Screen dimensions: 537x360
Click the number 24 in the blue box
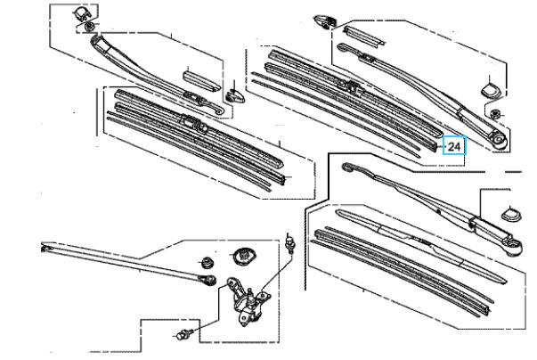[x=454, y=147]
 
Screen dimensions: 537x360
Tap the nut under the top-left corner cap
[x=89, y=27]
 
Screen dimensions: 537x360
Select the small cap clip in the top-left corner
[x=81, y=14]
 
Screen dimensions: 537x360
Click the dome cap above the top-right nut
[x=491, y=89]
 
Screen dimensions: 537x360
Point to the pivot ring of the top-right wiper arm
[x=500, y=141]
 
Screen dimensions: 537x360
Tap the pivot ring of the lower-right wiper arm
[x=515, y=247]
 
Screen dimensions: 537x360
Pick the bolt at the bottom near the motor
[x=185, y=333]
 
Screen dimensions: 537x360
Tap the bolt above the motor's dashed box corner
[x=290, y=243]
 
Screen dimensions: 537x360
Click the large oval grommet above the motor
[x=243, y=256]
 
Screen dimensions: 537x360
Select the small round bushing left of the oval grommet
[x=207, y=262]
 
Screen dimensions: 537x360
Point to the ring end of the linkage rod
[x=208, y=280]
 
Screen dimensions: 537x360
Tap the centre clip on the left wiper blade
[x=194, y=123]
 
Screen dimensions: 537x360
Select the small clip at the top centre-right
[x=324, y=21]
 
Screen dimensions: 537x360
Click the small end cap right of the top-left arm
[x=235, y=96]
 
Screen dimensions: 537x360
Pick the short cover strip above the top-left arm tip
[x=202, y=81]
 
